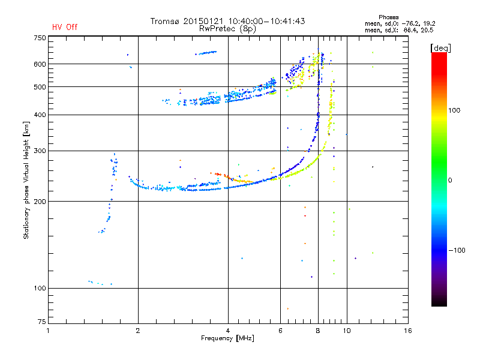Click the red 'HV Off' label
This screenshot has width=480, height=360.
tap(65, 27)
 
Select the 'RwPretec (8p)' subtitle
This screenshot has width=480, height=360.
tap(227, 29)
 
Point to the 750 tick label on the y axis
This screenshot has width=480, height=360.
tap(40, 38)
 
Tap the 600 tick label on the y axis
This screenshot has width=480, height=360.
tap(40, 64)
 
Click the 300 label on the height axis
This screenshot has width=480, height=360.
tap(40, 151)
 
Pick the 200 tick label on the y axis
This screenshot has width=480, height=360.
tap(40, 202)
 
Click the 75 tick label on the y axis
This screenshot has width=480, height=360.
tap(42, 322)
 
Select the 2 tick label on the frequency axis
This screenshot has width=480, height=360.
tap(138, 331)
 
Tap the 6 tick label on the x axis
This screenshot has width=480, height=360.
tap(280, 331)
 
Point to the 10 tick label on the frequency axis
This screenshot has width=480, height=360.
tap(347, 331)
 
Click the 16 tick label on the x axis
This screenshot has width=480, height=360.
tap(408, 331)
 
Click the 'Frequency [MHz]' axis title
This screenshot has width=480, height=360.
tap(227, 338)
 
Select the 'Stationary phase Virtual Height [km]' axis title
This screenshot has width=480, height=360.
tap(26, 180)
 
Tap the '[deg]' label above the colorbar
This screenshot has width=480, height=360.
tap(440, 48)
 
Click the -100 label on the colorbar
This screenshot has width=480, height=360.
tap(457, 250)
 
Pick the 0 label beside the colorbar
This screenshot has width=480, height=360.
tap(450, 181)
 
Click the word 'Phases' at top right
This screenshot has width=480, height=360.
tap(388, 17)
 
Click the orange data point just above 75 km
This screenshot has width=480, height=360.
tap(288, 308)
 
